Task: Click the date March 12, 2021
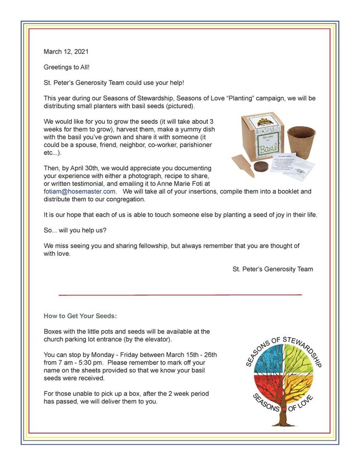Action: coord(66,52)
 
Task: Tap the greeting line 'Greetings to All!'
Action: coord(68,67)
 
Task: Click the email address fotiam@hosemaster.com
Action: coord(79,191)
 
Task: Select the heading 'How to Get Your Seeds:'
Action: coord(80,316)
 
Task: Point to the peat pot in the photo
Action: coord(301,142)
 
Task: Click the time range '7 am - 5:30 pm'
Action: coord(83,363)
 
